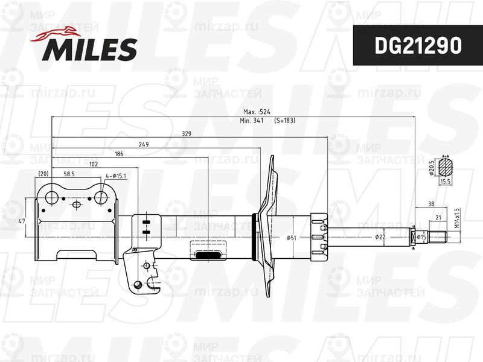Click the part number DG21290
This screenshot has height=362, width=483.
(417, 45)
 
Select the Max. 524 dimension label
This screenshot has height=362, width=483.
(257, 112)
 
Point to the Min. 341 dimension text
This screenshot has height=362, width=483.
(253, 121)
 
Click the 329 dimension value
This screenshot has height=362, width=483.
(187, 134)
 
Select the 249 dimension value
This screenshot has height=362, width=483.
(144, 144)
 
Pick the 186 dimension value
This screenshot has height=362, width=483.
(118, 154)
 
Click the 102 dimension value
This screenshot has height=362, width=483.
(94, 164)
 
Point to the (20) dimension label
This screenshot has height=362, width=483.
(43, 174)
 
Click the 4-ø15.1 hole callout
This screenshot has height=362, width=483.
(115, 176)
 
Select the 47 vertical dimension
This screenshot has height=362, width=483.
(22, 222)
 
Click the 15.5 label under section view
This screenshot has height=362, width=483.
(446, 181)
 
